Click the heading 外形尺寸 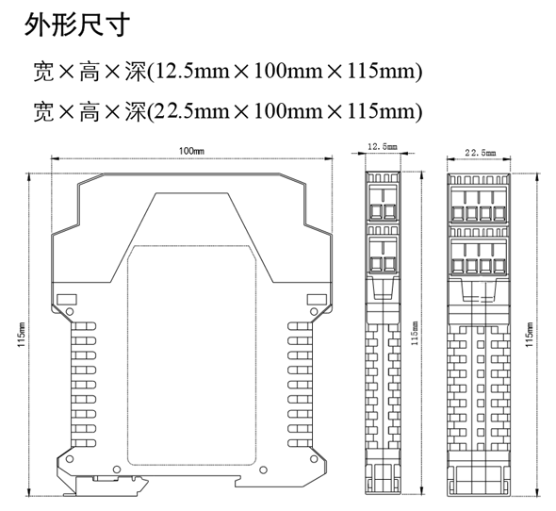tap(77, 25)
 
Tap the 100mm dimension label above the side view tap(191, 151)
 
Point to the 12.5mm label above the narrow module tap(383, 146)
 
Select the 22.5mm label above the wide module tap(481, 153)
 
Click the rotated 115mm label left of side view tap(22, 335)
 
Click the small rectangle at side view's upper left tap(67, 300)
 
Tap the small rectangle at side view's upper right tap(317, 300)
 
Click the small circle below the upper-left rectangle tap(71, 312)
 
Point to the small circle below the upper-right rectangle tap(314, 312)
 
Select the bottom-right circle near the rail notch tap(263, 470)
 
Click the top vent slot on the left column tap(84, 326)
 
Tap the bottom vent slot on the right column tap(300, 443)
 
